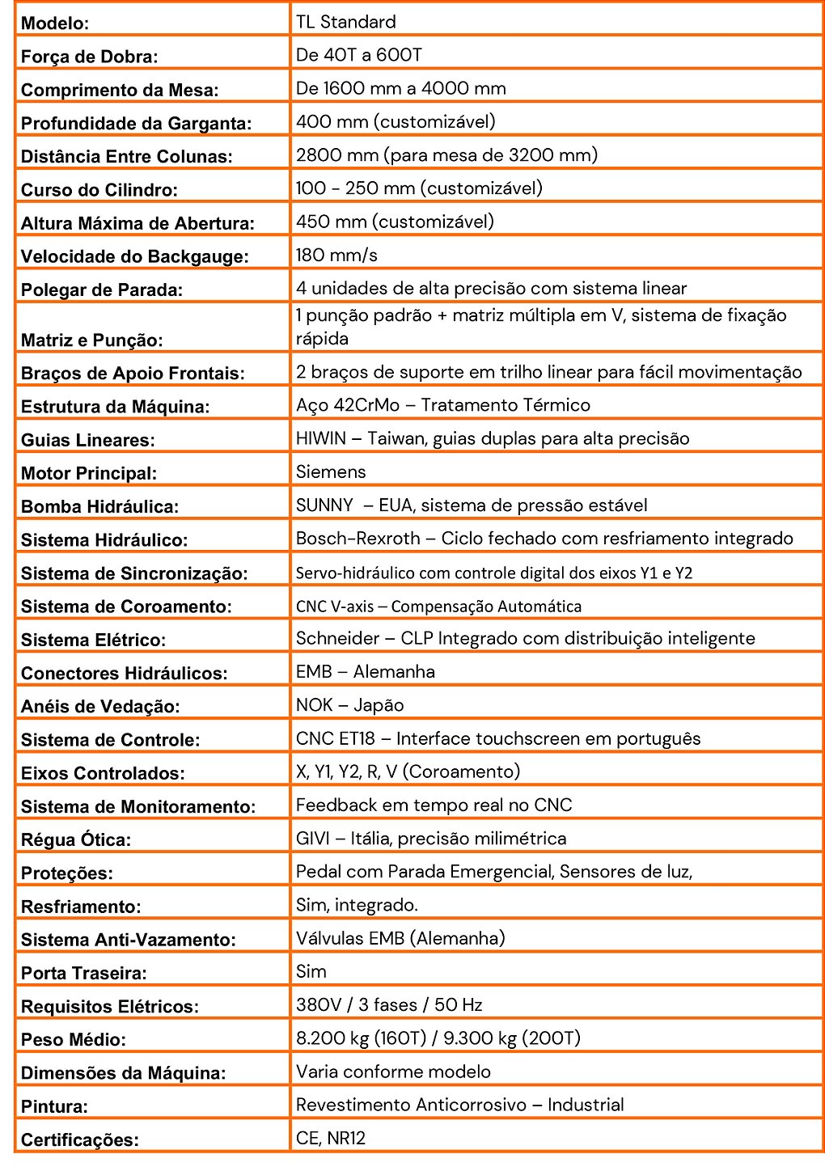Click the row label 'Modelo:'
tap(55, 23)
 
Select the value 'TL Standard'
tap(345, 22)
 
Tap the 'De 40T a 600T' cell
tap(358, 55)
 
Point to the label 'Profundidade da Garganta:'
tap(136, 124)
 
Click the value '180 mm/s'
tap(336, 255)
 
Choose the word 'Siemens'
tap(331, 471)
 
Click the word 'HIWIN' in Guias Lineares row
tap(320, 438)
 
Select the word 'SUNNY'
tap(324, 505)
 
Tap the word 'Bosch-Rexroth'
tap(357, 538)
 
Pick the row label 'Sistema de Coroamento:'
tap(126, 607)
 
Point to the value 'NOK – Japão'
tap(349, 704)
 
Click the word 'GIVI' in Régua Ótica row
tap(312, 838)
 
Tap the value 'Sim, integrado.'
tap(357, 905)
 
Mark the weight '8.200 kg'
tap(334, 1038)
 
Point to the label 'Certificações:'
tap(80, 1140)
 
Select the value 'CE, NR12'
tap(331, 1138)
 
